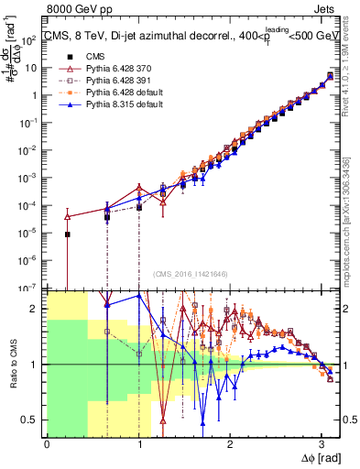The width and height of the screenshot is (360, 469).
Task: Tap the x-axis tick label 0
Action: (x=47, y=444)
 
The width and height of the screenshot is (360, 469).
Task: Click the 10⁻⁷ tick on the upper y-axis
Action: (x=29, y=289)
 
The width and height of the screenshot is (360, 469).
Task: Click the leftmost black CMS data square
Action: (x=67, y=234)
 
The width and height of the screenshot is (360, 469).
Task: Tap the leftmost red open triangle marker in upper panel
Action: (x=67, y=216)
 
